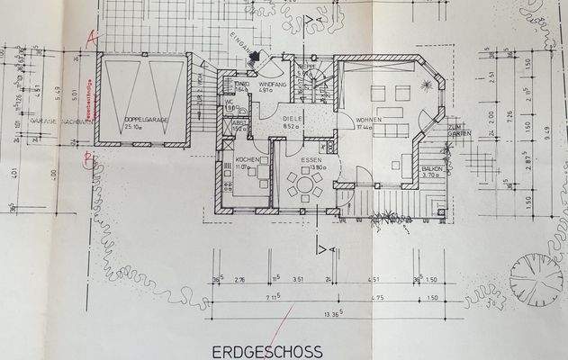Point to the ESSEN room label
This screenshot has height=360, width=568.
[x=298, y=158]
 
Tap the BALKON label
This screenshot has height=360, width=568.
[x=432, y=168]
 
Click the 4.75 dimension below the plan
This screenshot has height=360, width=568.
[x=377, y=297]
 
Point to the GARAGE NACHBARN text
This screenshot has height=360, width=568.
[x=56, y=120]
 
